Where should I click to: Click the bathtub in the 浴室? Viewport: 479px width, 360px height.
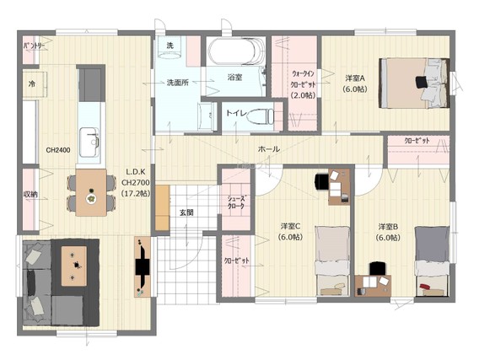[237, 51]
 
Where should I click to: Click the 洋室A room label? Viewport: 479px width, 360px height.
[355, 78]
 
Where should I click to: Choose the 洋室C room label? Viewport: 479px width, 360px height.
[291, 226]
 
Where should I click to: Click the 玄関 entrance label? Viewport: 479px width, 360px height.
[186, 212]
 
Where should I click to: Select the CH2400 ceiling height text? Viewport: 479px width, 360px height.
[58, 150]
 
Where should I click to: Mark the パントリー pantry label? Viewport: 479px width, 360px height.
[35, 46]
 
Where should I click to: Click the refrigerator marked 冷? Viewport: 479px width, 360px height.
[35, 84]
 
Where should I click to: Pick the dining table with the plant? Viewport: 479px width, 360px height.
[91, 192]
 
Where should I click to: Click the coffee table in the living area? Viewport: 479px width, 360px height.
[74, 266]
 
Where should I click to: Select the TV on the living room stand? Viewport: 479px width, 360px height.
[143, 267]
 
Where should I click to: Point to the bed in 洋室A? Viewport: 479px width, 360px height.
[415, 83]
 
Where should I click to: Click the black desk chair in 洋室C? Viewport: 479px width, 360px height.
[321, 181]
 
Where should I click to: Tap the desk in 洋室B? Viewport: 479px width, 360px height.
[373, 286]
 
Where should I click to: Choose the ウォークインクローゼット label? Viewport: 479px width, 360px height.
[303, 84]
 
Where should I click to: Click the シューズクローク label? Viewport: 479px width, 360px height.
[236, 202]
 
